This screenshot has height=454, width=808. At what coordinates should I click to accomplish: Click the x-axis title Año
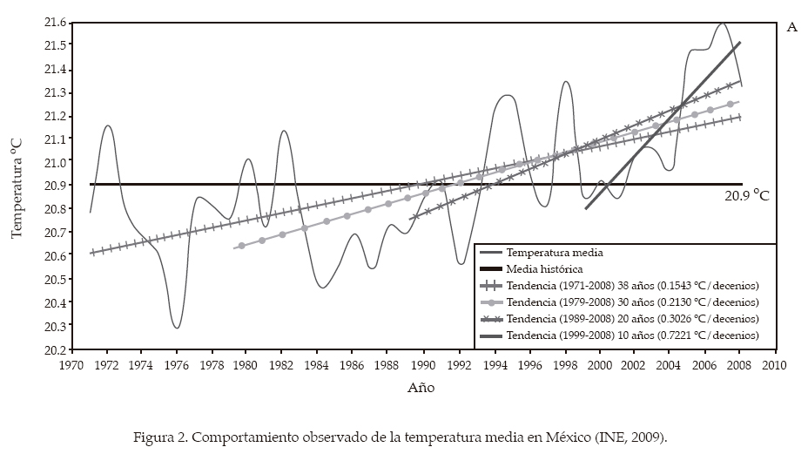click(421, 388)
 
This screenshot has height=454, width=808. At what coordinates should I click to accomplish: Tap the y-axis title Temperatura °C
click(17, 185)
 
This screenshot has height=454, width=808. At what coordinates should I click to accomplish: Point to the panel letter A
click(791, 27)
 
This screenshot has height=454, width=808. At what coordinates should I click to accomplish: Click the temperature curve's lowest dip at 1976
click(177, 328)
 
